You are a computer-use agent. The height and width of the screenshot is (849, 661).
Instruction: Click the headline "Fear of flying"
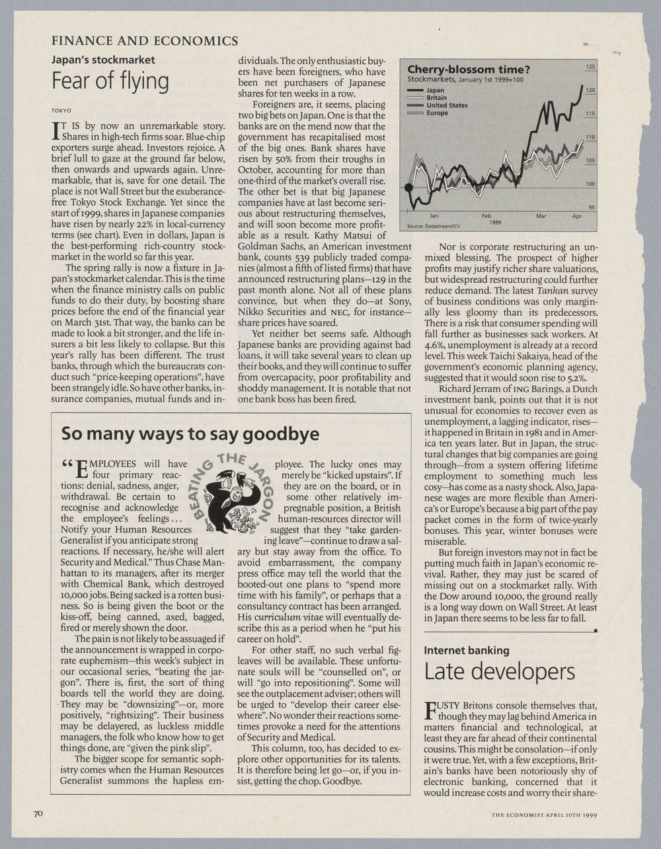pyautogui.click(x=110, y=81)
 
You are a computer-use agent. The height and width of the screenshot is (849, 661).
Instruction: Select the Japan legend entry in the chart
pyautogui.click(x=436, y=90)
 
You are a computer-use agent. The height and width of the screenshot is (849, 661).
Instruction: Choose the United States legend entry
pyautogui.click(x=446, y=105)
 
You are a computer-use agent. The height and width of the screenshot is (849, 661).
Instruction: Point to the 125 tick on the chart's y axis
pyautogui.click(x=590, y=67)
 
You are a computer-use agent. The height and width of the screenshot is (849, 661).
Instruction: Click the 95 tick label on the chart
pyautogui.click(x=592, y=207)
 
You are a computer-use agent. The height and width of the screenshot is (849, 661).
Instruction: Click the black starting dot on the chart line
pyautogui.click(x=408, y=188)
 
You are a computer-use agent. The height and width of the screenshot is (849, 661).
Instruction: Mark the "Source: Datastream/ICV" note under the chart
pyautogui.click(x=434, y=226)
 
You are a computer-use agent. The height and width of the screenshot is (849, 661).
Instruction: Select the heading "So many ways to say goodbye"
pyautogui.click(x=190, y=434)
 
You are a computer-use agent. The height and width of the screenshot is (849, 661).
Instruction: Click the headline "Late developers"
pyautogui.click(x=499, y=672)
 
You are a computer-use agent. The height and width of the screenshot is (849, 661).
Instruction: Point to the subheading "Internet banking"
pyautogui.click(x=467, y=650)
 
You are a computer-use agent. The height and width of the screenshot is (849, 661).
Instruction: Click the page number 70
pyautogui.click(x=38, y=813)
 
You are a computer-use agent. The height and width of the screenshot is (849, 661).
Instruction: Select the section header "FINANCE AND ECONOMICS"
pyautogui.click(x=145, y=41)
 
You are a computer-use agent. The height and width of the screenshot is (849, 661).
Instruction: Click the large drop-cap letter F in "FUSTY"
pyautogui.click(x=430, y=710)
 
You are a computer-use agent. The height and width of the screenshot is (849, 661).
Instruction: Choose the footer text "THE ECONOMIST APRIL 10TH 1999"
pyautogui.click(x=544, y=815)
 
